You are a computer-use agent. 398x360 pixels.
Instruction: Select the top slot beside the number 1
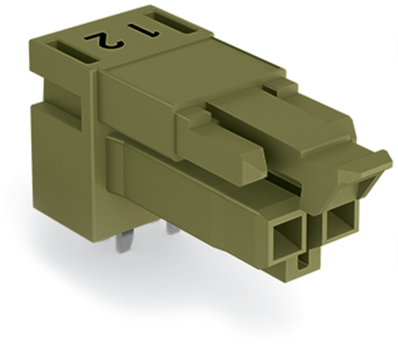[172, 23]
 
